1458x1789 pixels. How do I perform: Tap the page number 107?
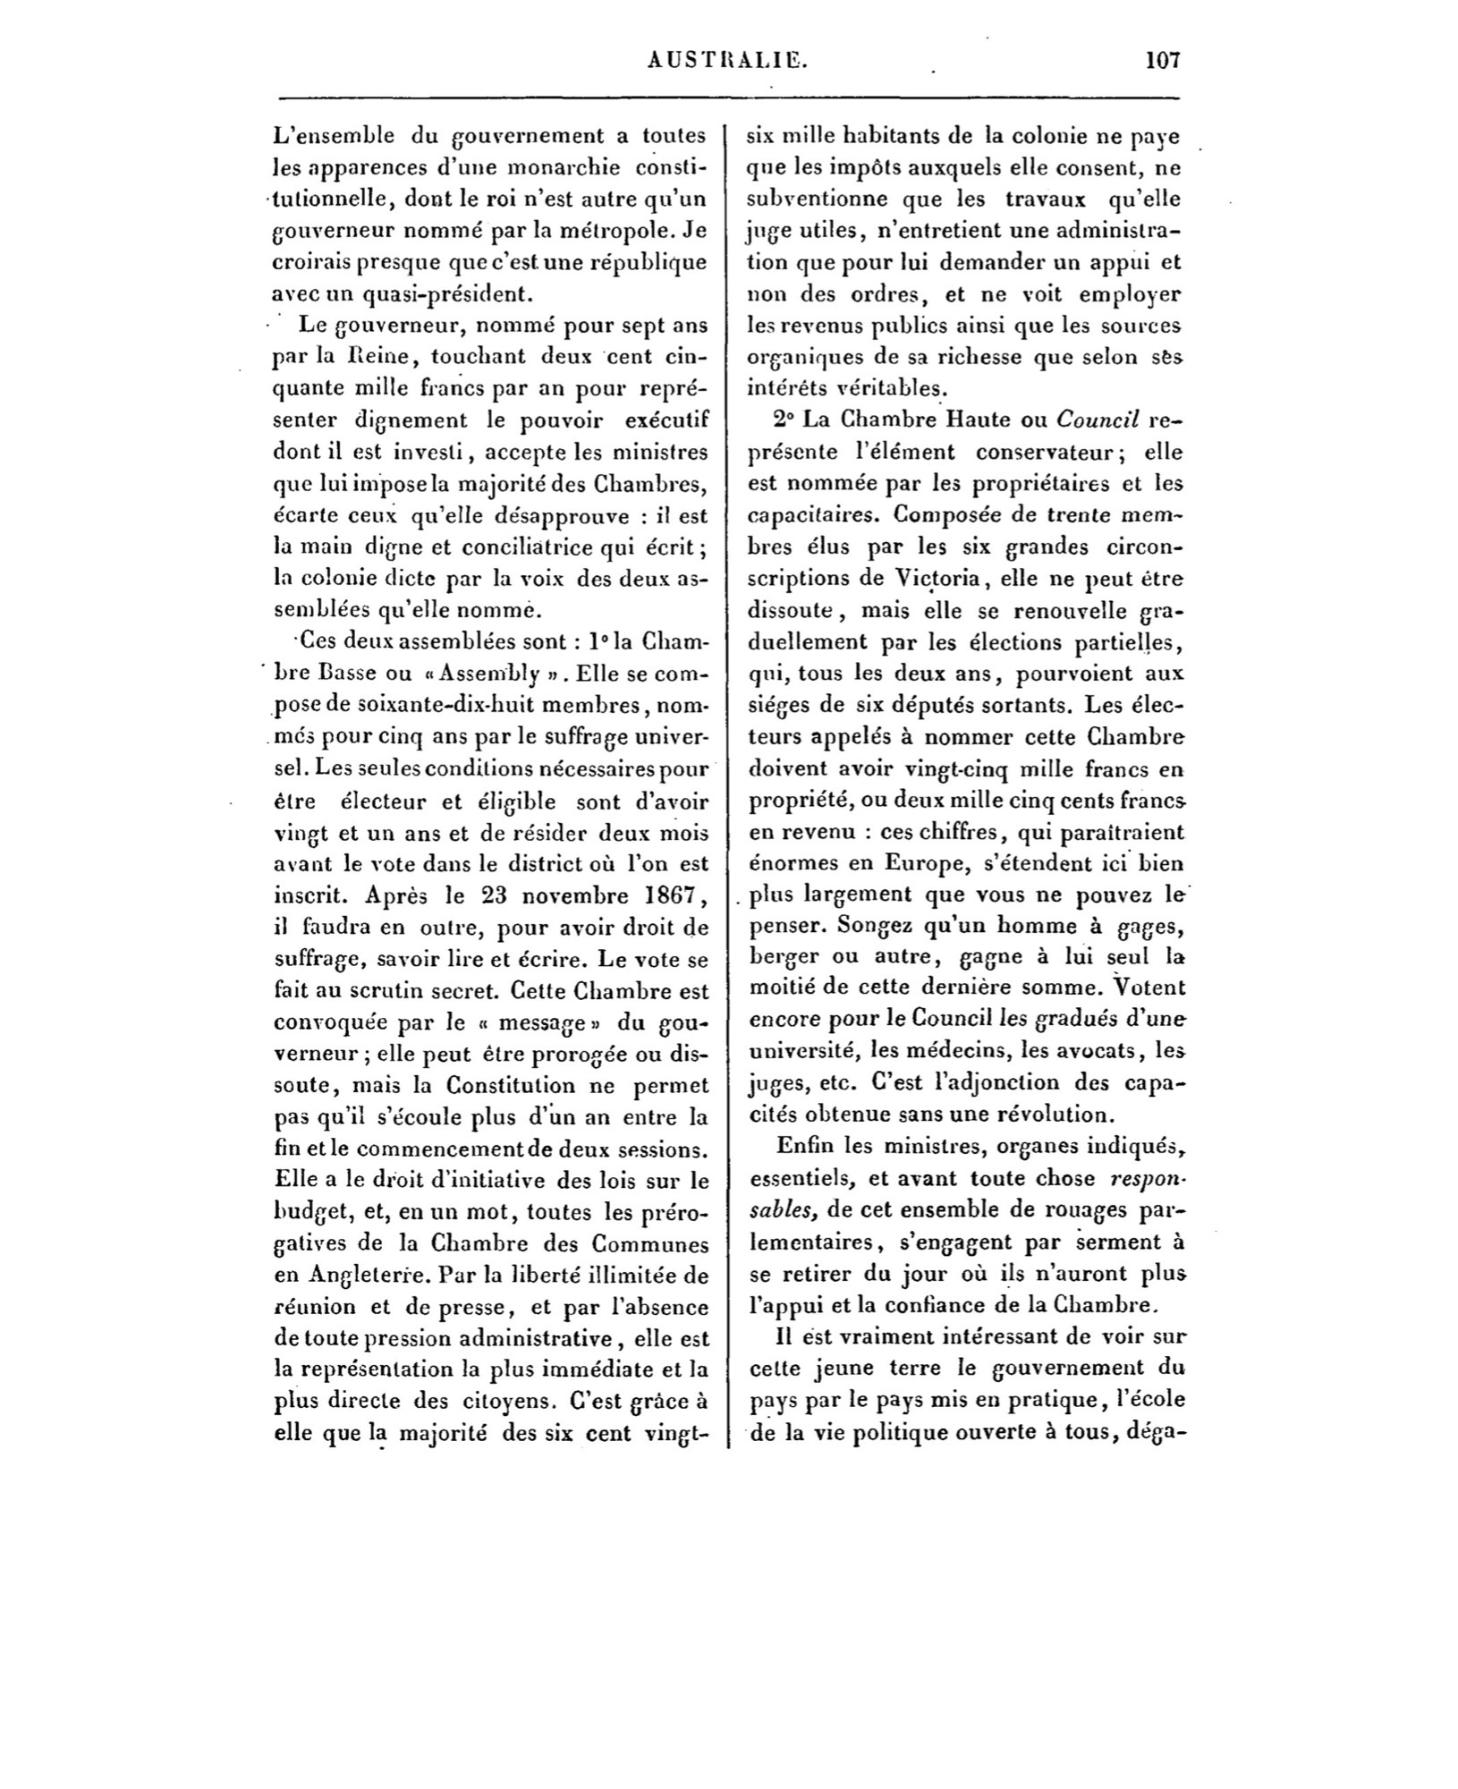tap(1162, 61)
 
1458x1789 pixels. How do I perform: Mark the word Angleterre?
tap(343, 1274)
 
